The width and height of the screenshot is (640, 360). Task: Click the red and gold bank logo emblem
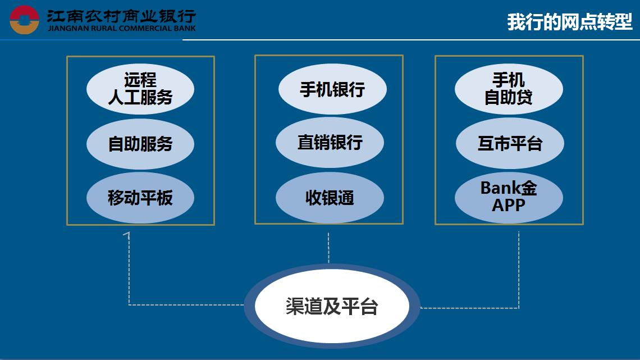(x=24, y=20)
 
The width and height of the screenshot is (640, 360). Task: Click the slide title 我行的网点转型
(x=569, y=22)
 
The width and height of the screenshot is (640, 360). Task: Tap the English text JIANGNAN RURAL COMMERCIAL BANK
(x=122, y=29)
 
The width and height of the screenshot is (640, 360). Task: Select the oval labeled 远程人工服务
(x=140, y=89)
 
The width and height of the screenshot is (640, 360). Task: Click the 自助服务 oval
(x=140, y=144)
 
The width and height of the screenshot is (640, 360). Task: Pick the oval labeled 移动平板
(x=140, y=198)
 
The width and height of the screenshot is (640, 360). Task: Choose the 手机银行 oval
(x=332, y=89)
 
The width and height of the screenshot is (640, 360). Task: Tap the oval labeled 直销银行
(x=330, y=143)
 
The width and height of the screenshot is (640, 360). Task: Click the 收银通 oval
(x=330, y=198)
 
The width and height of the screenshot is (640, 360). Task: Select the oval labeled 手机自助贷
(x=509, y=89)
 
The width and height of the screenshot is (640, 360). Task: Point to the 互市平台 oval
(x=510, y=143)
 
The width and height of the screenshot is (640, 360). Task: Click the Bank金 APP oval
(x=509, y=198)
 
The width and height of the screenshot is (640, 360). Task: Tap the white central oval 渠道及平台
(x=332, y=306)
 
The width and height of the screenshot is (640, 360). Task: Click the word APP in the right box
(x=508, y=205)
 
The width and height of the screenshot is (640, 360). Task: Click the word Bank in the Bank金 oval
(x=500, y=188)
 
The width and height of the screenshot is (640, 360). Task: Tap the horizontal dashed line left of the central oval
(x=186, y=304)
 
